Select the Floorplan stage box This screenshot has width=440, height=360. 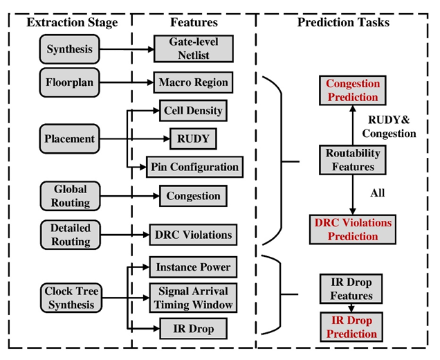click(70, 82)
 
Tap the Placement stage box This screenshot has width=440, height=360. click(70, 138)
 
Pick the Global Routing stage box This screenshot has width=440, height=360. click(70, 195)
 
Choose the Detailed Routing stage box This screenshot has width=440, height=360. click(70, 234)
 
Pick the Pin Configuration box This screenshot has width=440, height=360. click(194, 167)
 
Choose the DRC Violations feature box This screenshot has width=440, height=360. click(194, 235)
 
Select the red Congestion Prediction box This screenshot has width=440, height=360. click(353, 91)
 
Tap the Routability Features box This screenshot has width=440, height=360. click(353, 160)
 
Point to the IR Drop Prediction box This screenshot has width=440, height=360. click(353, 327)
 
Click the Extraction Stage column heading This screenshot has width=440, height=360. click(72, 23)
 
